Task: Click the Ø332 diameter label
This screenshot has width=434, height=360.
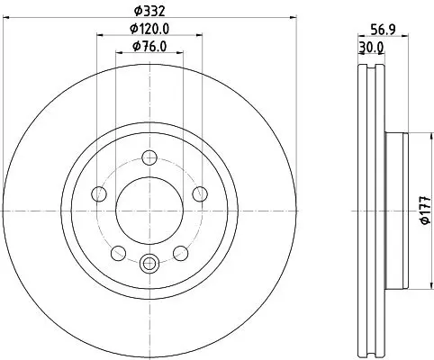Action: [149, 12]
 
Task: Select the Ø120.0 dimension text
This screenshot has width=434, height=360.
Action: [149, 29]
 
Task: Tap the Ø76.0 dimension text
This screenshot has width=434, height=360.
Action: [149, 47]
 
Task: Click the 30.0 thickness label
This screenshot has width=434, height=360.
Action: [371, 48]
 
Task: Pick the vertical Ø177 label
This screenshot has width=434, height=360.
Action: [426, 211]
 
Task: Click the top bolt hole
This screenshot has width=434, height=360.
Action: [149, 157]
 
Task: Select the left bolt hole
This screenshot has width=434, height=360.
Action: [99, 193]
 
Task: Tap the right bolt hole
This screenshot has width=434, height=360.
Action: [200, 193]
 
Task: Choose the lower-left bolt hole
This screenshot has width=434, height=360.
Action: [118, 253]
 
